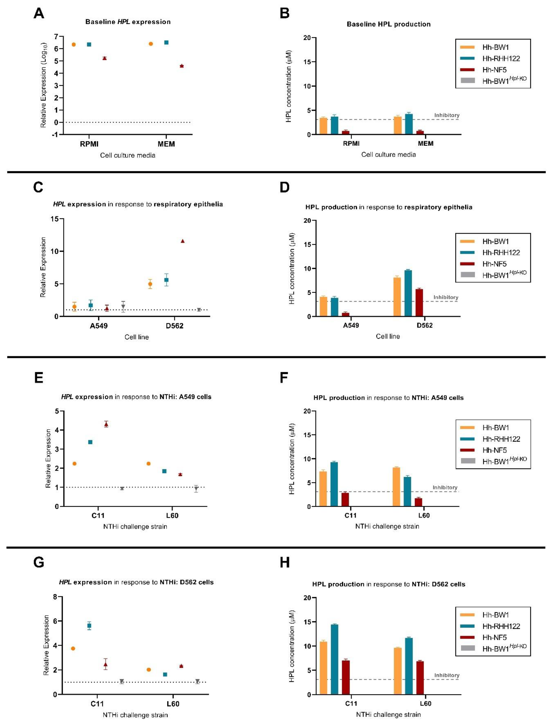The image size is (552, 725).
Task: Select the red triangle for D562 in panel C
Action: pos(183,241)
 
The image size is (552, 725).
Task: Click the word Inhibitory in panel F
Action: pos(445,487)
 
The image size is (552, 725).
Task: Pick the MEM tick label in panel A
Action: pos(166,144)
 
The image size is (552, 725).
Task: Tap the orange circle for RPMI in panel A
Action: pos(74,44)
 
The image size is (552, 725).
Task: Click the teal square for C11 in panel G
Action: pos(89,626)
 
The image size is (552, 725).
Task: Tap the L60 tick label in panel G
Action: pos(173,704)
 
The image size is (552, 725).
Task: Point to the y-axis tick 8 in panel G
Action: pos(56,597)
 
